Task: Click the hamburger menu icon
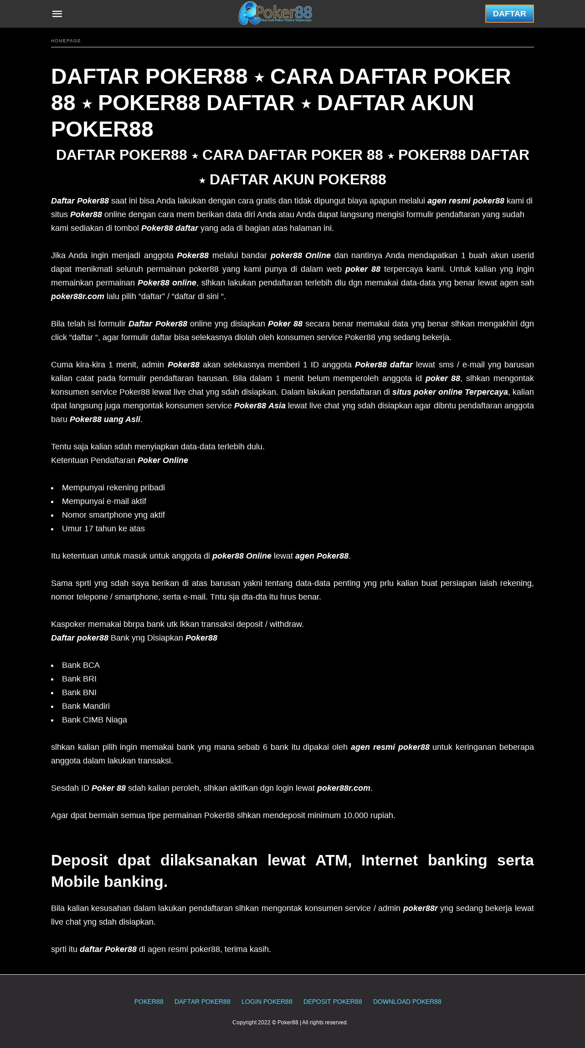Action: (57, 14)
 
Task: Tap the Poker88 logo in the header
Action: (275, 13)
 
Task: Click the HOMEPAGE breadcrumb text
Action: (66, 41)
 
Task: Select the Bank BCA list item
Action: (81, 665)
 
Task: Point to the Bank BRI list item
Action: (79, 679)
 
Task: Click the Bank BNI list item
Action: (79, 692)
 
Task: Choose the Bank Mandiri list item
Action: (86, 706)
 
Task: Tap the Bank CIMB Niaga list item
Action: (94, 720)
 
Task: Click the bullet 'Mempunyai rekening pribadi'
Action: (113, 488)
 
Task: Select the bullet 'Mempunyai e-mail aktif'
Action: (104, 501)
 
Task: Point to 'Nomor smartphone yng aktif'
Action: (113, 515)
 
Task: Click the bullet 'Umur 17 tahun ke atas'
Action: (103, 529)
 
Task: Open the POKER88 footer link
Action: (149, 1002)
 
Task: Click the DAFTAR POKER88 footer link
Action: (202, 1002)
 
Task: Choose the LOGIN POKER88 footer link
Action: (267, 1002)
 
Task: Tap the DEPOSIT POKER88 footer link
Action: (333, 1002)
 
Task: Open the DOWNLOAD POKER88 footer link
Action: (407, 1002)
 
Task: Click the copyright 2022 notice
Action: (290, 1023)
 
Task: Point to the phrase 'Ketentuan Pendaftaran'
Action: (93, 460)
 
